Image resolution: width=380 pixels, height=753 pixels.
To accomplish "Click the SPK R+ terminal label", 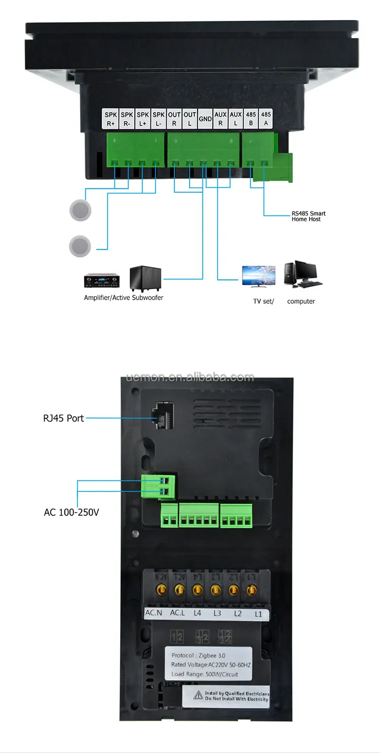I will tap(111, 119).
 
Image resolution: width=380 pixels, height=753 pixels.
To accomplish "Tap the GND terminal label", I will tap(205, 119).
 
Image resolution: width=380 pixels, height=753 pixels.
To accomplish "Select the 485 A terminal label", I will tap(266, 119).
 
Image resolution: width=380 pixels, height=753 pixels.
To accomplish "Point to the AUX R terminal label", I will tap(220, 119).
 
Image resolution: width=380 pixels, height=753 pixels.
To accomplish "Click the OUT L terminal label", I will tap(189, 119).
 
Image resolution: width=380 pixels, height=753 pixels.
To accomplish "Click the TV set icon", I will tap(258, 277).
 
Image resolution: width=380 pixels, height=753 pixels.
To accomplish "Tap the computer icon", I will tap(302, 274).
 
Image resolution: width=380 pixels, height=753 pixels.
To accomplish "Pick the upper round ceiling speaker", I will tap(80, 209).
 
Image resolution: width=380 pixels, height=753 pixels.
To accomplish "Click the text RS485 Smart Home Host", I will tap(309, 217).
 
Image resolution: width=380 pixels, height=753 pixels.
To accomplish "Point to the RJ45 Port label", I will tap(63, 418).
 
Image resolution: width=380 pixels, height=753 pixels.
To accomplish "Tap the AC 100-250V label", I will tap(71, 513).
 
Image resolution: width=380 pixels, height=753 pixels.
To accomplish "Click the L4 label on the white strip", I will tap(197, 613).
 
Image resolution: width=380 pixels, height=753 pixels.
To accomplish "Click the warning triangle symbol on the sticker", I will tap(198, 696).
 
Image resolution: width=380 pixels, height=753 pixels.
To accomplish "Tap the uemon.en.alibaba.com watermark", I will tap(191, 377).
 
